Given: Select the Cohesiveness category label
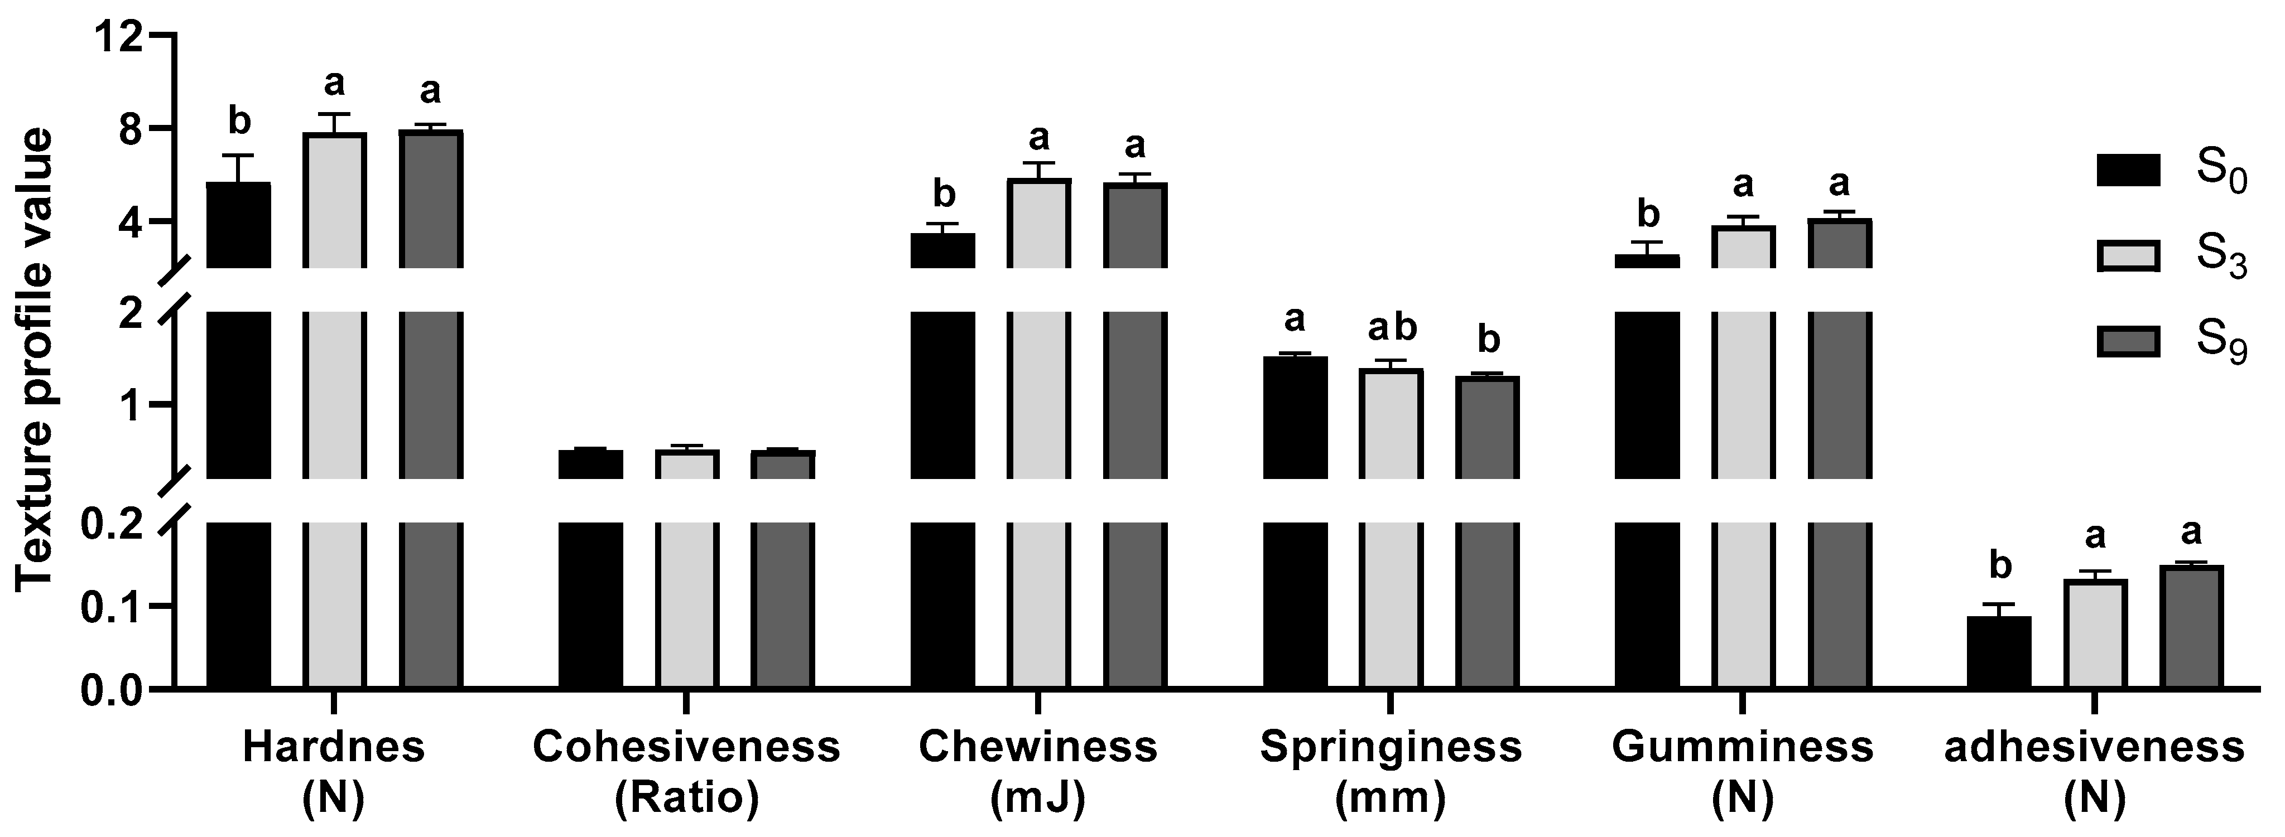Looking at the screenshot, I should [686, 747].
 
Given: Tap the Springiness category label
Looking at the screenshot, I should [1391, 747].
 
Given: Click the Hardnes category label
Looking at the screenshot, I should [334, 747].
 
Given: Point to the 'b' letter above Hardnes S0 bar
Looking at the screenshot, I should [239, 120].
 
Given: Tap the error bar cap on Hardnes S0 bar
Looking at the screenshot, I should [239, 156].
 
